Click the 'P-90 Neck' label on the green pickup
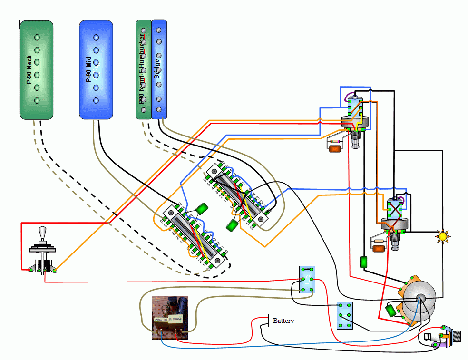[29, 69]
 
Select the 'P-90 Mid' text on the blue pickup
[88, 69]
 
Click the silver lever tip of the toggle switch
[43, 233]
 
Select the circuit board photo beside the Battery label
[170, 317]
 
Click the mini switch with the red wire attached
[307, 279]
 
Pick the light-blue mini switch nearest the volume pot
[344, 315]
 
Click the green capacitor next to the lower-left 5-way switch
[202, 209]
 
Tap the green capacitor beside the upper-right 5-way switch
[233, 225]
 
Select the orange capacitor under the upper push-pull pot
[335, 148]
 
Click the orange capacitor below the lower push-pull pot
[379, 249]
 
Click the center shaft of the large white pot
[420, 298]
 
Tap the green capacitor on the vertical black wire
[364, 262]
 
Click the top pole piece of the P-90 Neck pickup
[37, 37]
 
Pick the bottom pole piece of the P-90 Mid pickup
[96, 100]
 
